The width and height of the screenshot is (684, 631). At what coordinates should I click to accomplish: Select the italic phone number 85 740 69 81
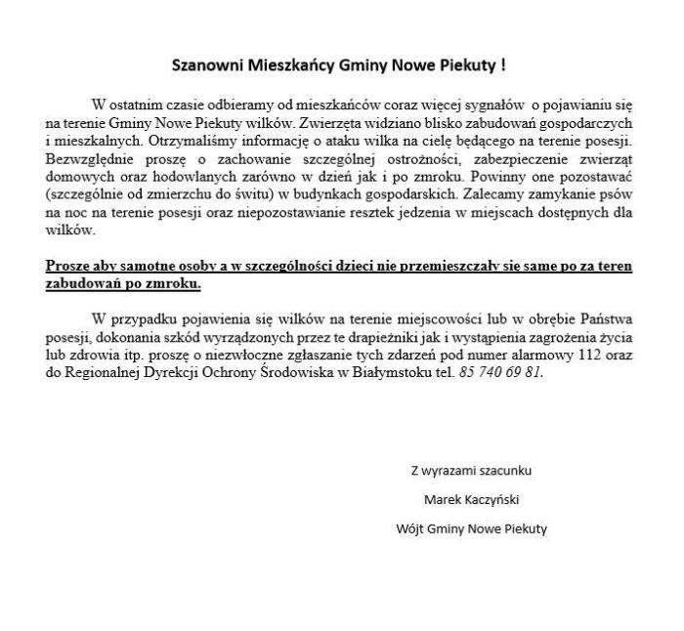[x=499, y=372]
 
